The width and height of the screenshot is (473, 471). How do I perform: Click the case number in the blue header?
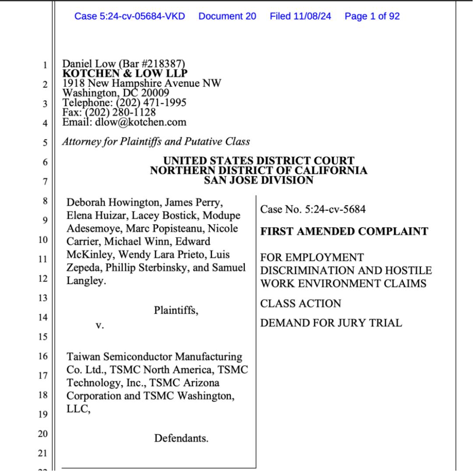pyautogui.click(x=130, y=17)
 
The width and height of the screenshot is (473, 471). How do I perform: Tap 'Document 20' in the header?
pyautogui.click(x=227, y=17)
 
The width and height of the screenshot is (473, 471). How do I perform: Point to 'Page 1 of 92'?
pyautogui.click(x=372, y=17)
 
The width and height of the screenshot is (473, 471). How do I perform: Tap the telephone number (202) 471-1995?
pyautogui.click(x=151, y=103)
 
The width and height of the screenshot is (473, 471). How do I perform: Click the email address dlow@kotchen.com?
pyautogui.click(x=141, y=122)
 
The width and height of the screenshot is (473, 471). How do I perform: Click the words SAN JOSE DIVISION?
pyautogui.click(x=258, y=180)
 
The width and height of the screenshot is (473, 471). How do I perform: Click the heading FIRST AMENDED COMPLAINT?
pyautogui.click(x=344, y=232)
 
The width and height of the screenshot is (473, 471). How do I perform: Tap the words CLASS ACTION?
pyautogui.click(x=300, y=304)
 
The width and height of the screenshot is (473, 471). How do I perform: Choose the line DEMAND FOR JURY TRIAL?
pyautogui.click(x=331, y=323)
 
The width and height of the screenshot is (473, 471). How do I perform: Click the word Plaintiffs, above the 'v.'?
pyautogui.click(x=176, y=311)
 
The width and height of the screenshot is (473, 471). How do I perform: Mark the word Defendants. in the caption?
pyautogui.click(x=181, y=438)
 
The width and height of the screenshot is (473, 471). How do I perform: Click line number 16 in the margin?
pyautogui.click(x=42, y=356)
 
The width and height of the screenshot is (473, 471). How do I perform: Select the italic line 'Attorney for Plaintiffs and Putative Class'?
pyautogui.click(x=156, y=142)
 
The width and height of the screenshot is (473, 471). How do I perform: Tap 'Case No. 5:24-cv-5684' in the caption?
pyautogui.click(x=313, y=209)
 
